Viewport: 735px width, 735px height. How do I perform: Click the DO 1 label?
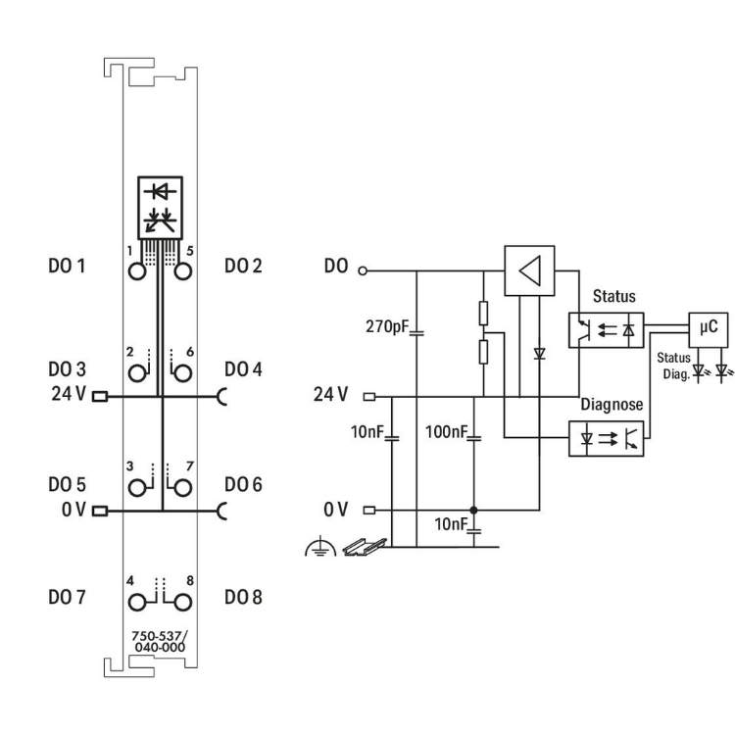point(68,266)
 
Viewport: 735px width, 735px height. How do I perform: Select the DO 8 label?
point(243,597)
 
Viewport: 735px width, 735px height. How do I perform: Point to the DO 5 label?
point(68,484)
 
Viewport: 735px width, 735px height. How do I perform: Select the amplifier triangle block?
point(528,269)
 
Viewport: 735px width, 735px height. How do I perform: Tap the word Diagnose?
point(612,404)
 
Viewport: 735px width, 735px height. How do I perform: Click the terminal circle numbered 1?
point(139,271)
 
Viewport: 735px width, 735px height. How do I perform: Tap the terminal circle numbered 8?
point(181,598)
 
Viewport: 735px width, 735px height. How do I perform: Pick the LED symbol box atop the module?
point(161,205)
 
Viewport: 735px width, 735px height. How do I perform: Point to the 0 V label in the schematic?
point(334,510)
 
